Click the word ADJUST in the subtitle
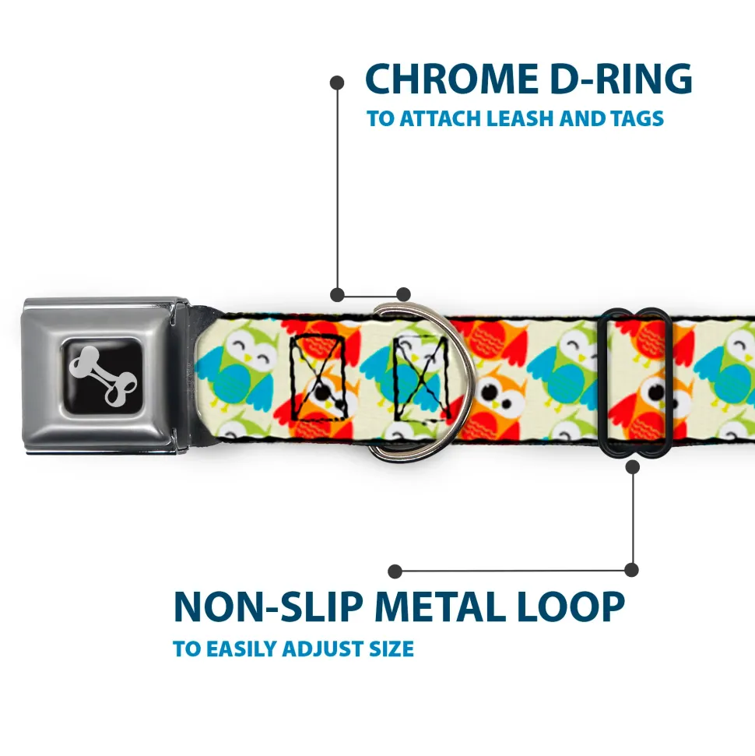[319, 649]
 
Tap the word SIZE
[388, 649]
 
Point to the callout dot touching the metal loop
[632, 466]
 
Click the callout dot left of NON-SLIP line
[395, 571]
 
